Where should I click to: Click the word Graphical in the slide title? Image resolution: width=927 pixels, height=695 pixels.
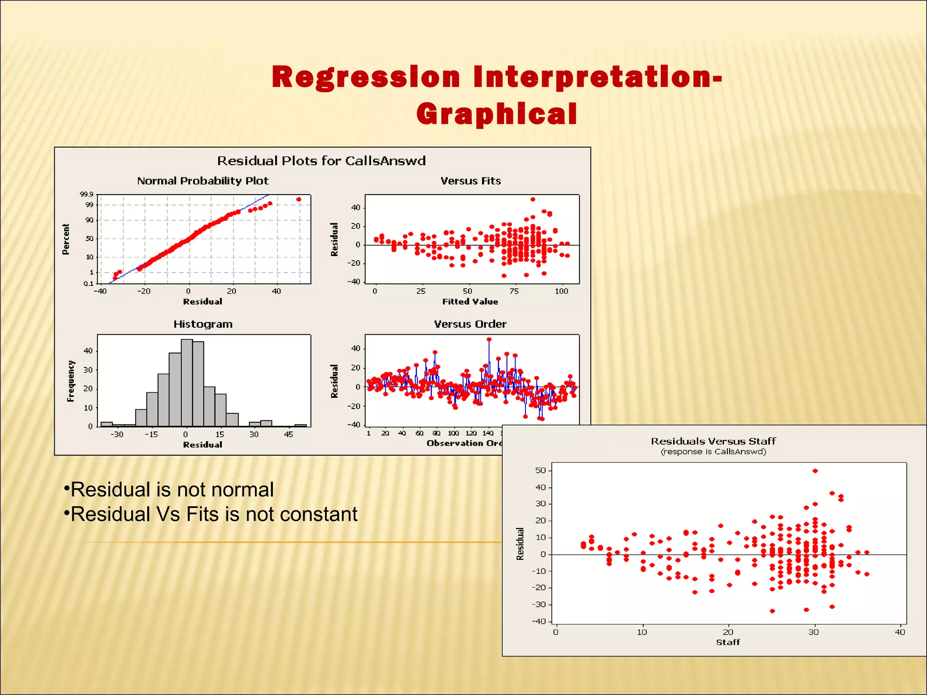(497, 114)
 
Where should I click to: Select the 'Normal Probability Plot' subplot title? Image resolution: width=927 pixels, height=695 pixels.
(203, 181)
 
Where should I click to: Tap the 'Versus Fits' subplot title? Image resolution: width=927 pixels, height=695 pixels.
(471, 181)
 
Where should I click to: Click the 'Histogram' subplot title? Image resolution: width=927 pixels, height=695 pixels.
(203, 324)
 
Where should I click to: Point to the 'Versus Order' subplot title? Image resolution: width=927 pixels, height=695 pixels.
(470, 324)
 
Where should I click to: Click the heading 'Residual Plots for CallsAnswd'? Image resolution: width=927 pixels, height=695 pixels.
(321, 161)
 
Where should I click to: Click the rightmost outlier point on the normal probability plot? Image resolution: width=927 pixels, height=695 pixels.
(299, 199)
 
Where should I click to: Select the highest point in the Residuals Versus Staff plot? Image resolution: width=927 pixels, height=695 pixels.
(815, 471)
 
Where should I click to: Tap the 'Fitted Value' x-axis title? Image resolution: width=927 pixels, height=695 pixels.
(470, 302)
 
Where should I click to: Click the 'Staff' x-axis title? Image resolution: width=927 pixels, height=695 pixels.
(728, 642)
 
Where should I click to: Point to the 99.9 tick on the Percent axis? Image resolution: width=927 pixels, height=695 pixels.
(86, 195)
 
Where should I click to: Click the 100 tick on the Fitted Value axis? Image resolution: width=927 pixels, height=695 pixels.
(561, 291)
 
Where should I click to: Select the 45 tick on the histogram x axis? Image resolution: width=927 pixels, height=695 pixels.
(288, 434)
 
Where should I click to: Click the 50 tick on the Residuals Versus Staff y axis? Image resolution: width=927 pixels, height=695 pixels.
(540, 471)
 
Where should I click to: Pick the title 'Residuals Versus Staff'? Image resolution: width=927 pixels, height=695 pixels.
(713, 441)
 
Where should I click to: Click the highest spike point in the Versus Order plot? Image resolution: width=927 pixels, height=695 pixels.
(489, 339)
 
